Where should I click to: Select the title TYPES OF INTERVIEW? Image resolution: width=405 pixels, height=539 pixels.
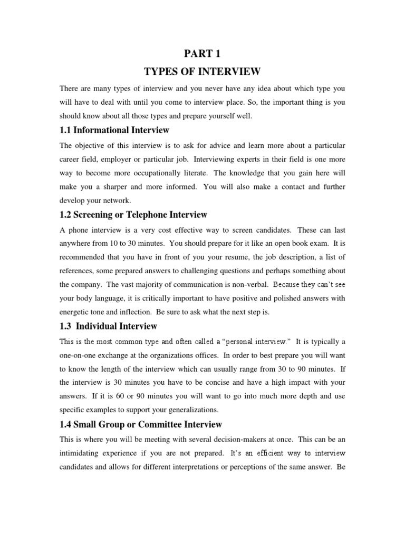pos(202,71)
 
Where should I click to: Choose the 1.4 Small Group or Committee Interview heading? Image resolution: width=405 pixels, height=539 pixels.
pos(141,424)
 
